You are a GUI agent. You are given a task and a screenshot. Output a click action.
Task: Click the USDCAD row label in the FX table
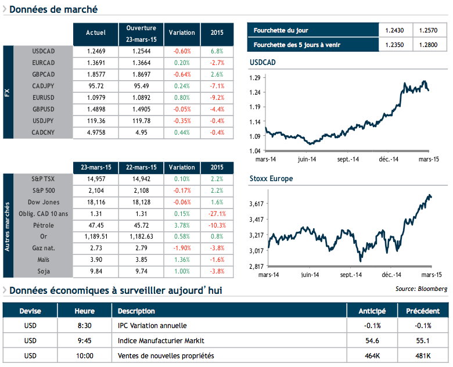point(44,51)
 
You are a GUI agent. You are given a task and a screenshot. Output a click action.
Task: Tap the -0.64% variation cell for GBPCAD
point(182,74)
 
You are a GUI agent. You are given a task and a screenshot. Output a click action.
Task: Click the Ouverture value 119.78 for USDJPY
point(141,121)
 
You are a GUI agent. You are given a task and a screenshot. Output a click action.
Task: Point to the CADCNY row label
point(44,133)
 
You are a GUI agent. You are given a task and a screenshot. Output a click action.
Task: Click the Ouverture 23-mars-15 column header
point(141,34)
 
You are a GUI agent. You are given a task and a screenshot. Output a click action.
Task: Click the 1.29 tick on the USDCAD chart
point(254,77)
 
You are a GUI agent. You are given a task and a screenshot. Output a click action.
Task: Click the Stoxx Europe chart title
point(271,179)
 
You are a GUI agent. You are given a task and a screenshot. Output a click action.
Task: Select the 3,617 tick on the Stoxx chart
point(256,203)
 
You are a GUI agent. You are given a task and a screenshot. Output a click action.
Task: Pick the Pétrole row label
point(44,224)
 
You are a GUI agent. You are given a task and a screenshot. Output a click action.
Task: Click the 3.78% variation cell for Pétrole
point(182,224)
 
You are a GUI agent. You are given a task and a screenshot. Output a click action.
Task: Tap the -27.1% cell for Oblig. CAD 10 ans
point(217,213)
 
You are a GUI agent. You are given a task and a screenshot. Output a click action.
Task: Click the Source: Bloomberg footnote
point(421,289)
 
